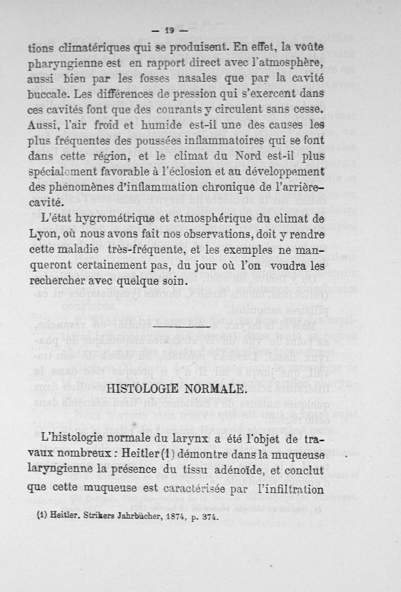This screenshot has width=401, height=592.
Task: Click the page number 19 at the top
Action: pos(169,31)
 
